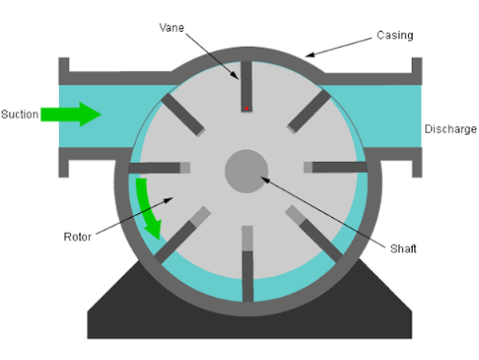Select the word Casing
pos(394,36)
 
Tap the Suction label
pos(19,114)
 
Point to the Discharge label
pos(450,129)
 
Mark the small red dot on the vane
pos(247,106)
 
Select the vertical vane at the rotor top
pos(247,85)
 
